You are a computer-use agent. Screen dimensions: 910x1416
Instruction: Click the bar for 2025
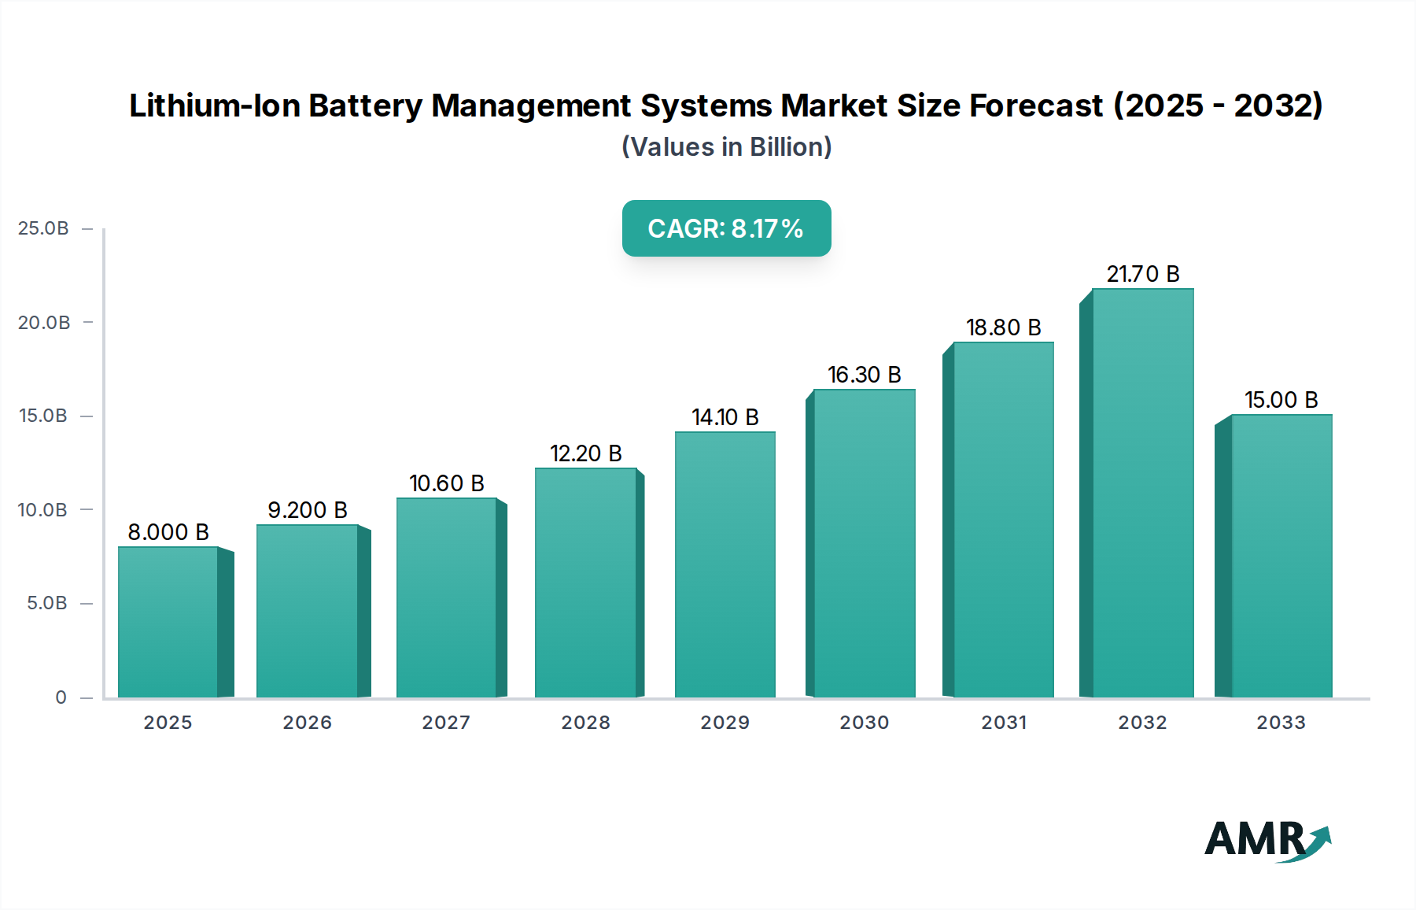(x=168, y=622)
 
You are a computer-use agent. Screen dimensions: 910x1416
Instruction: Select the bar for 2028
(x=585, y=583)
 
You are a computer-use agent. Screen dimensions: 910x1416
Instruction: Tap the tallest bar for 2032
(x=1142, y=493)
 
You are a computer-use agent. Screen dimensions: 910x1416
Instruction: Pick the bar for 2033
(x=1281, y=556)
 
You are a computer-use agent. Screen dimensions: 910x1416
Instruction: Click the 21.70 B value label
(x=1142, y=274)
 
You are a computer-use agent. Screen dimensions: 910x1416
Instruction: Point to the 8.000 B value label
(x=168, y=532)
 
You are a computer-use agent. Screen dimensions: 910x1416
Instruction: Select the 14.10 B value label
(x=725, y=417)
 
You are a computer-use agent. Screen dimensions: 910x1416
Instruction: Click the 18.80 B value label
(x=1003, y=327)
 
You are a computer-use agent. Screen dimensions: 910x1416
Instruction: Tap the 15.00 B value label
(x=1281, y=400)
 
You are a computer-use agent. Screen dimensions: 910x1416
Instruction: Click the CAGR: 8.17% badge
(x=726, y=228)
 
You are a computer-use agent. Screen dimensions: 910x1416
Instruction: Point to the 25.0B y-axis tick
(x=43, y=228)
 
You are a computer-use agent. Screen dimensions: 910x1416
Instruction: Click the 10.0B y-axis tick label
(x=43, y=510)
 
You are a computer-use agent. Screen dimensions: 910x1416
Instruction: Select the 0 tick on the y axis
(x=61, y=697)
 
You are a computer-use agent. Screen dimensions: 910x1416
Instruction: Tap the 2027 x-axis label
(x=446, y=723)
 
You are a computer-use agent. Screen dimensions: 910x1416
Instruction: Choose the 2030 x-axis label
(x=864, y=723)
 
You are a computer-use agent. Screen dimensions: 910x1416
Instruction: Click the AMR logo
(x=1267, y=841)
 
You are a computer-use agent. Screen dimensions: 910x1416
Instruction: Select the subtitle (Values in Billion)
(x=726, y=147)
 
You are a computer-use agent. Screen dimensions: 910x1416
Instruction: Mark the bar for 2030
(x=864, y=543)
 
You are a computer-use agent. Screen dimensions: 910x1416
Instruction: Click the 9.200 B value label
(x=308, y=510)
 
